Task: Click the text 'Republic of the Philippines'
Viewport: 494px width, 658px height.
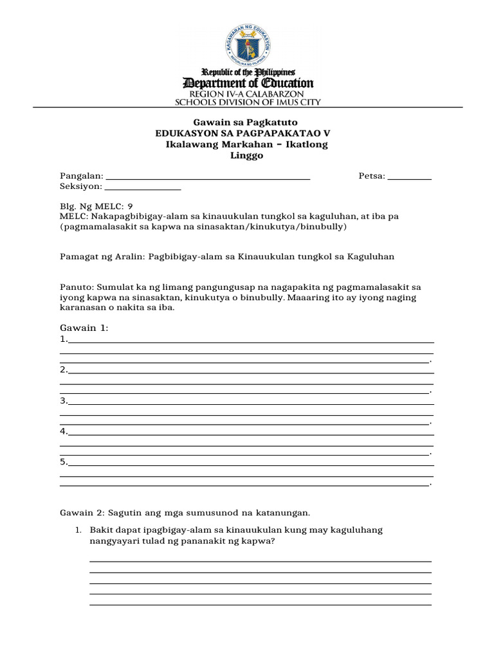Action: point(248,72)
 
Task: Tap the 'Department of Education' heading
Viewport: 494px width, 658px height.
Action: point(248,84)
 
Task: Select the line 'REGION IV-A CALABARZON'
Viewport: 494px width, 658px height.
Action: point(248,94)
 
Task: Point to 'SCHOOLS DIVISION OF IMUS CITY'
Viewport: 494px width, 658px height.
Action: point(248,102)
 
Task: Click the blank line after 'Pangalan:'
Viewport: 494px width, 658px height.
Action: point(208,177)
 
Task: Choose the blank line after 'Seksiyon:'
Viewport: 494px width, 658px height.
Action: point(142,188)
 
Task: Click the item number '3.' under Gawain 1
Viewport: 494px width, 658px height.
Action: point(64,400)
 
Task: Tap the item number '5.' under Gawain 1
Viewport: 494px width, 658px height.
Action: point(64,461)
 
